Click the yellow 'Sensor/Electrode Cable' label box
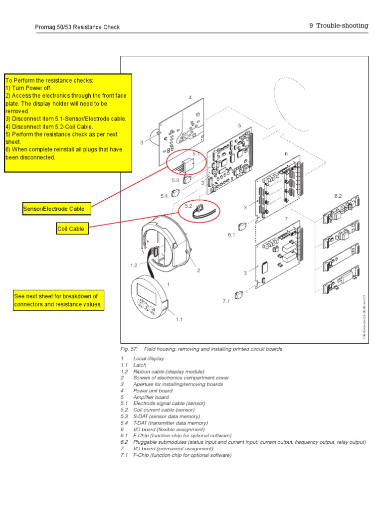coord(57,209)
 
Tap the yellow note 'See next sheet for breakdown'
coord(59,300)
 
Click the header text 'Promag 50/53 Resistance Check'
coord(77,27)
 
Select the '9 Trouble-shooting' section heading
coord(338,25)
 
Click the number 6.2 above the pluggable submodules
coord(338,196)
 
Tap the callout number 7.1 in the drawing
coord(226,301)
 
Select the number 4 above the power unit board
coord(190,98)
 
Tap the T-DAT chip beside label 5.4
coord(176,193)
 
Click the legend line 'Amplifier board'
coord(151,397)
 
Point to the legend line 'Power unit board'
coord(153,390)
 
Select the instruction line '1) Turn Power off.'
coord(28,87)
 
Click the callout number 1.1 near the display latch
coord(179,319)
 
